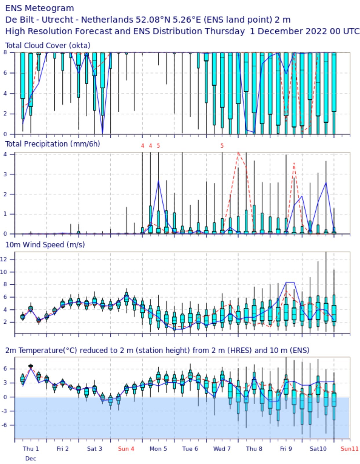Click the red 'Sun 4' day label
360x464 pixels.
click(126, 449)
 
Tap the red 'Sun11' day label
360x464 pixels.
click(349, 449)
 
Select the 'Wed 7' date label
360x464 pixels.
click(222, 449)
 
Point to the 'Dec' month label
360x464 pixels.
click(30, 458)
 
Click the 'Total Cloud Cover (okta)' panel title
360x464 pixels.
click(48, 46)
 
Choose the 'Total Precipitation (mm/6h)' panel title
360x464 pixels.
click(52, 144)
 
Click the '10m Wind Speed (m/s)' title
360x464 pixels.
click(45, 244)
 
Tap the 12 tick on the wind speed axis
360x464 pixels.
click(8, 260)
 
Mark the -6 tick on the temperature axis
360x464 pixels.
click(8, 425)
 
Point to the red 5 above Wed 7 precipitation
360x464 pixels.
click(222, 146)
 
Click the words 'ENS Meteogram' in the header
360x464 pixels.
click(39, 8)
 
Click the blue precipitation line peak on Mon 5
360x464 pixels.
click(158, 181)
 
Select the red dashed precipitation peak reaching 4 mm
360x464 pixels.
click(238, 152)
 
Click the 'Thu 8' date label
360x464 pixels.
click(254, 449)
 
